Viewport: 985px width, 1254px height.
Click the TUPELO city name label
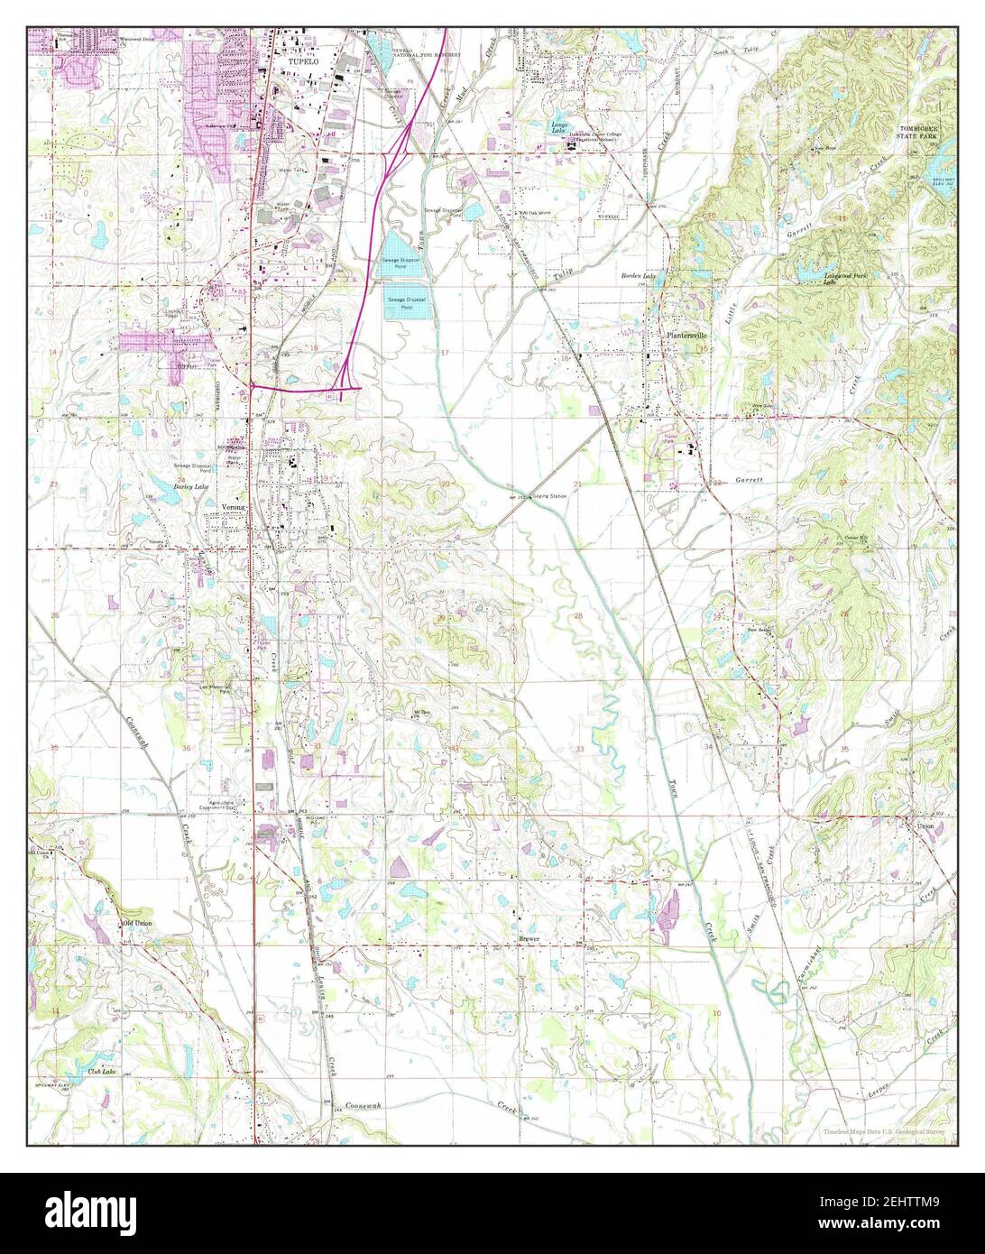[x=303, y=60]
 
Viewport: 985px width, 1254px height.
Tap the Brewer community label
[x=529, y=939]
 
